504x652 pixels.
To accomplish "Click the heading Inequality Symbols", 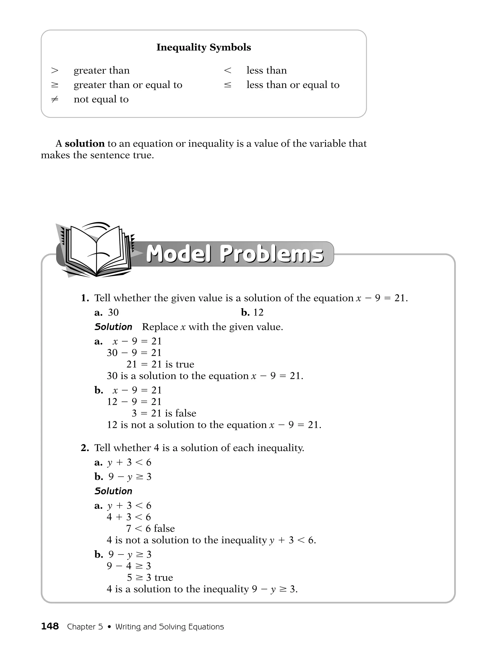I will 204,47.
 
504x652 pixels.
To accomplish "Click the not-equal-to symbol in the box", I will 55,99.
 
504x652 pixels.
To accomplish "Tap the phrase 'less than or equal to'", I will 293,85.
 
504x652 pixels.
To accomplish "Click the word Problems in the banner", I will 271,254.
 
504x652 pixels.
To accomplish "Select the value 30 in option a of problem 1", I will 113,312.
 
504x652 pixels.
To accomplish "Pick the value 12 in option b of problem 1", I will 258,312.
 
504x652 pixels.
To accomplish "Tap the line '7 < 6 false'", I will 150,528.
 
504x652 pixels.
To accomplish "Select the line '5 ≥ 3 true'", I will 150,577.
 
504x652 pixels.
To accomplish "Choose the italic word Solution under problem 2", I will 113,491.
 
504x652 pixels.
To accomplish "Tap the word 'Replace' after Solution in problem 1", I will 160,327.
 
